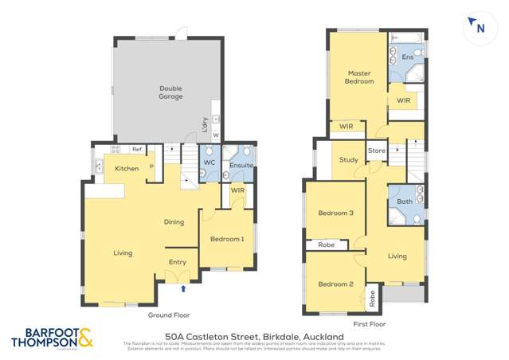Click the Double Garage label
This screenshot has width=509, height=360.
(170, 92)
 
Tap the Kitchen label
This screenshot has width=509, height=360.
(127, 169)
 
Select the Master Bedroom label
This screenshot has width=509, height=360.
(359, 77)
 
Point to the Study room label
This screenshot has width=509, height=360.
(348, 160)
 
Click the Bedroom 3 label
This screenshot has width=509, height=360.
(335, 213)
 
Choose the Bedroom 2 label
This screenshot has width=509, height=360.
(335, 284)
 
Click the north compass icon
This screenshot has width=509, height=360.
(478, 28)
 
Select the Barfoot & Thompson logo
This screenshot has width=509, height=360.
(53, 338)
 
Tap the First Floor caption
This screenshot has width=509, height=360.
(369, 324)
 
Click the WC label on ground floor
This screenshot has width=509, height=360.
(209, 162)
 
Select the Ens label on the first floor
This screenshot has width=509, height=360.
(407, 57)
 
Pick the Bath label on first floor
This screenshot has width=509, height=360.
(405, 202)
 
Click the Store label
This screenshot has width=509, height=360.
(376, 151)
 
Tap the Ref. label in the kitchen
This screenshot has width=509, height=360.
(137, 149)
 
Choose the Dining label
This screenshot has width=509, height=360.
(174, 222)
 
